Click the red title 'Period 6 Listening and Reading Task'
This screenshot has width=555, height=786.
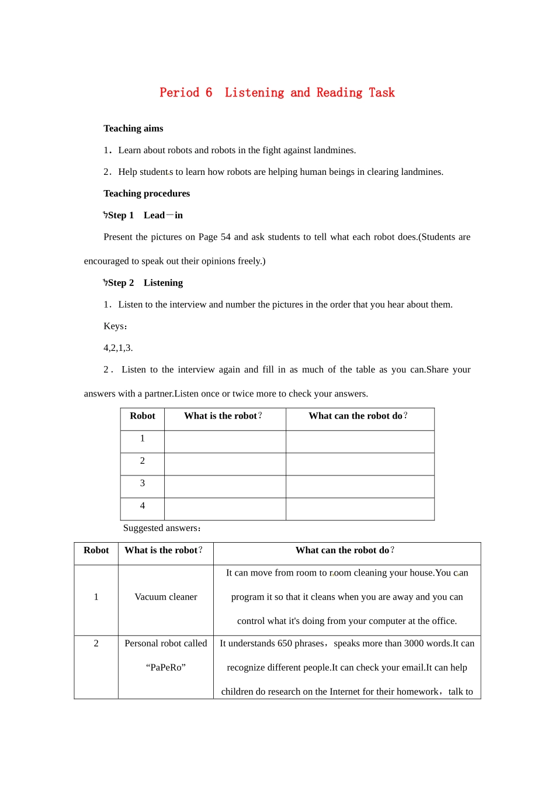click(x=277, y=92)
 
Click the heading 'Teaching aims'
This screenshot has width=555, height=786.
click(x=133, y=129)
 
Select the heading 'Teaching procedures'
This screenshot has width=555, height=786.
click(x=147, y=194)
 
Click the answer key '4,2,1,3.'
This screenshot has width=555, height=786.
click(x=118, y=348)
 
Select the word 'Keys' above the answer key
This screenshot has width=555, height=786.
click(x=114, y=326)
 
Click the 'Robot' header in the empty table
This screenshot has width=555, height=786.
click(x=143, y=416)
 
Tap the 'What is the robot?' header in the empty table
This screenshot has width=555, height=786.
click(x=223, y=416)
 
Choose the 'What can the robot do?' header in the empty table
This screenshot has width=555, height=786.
click(x=358, y=416)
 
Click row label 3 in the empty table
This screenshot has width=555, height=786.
click(x=143, y=483)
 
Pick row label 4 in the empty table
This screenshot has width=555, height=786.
click(x=143, y=506)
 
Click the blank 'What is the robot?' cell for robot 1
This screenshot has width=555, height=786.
click(x=225, y=442)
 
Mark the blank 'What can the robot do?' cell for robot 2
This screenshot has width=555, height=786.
click(x=360, y=464)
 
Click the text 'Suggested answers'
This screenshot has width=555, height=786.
click(x=161, y=528)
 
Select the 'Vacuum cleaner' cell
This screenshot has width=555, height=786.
click(x=166, y=597)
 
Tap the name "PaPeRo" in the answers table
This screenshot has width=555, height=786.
click(x=166, y=667)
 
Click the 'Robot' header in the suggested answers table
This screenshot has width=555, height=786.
click(x=96, y=550)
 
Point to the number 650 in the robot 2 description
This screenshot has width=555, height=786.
click(x=285, y=643)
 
